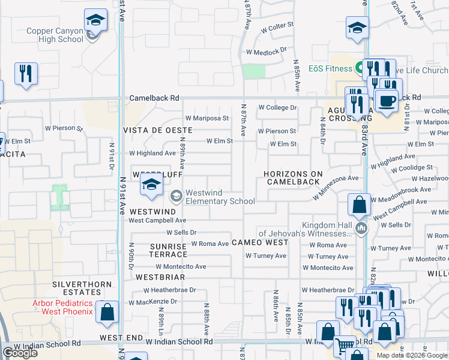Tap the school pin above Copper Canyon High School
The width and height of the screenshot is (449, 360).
click(95, 22)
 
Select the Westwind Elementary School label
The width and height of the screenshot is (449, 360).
click(220, 197)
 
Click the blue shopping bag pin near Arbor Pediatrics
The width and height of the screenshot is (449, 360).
click(107, 314)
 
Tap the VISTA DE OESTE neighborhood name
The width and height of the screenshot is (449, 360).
click(157, 130)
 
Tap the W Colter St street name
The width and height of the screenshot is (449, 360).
click(277, 27)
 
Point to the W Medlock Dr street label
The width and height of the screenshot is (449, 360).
click(267, 52)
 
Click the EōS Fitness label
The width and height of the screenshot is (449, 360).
click(330, 68)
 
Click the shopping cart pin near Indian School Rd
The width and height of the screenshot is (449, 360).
click(345, 346)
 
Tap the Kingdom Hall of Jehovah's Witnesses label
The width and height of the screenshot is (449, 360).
click(303, 229)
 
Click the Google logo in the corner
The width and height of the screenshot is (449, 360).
click(20, 353)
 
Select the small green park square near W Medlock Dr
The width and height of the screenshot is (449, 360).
click(254, 71)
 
